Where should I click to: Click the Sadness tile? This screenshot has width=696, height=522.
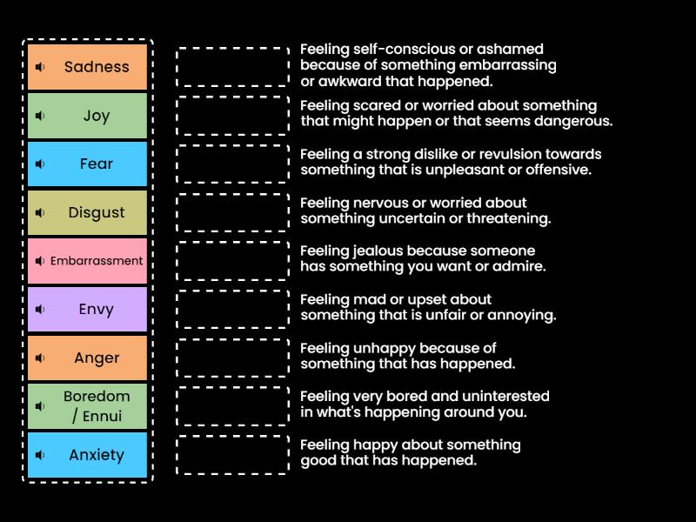88,67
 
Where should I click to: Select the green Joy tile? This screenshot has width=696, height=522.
88,116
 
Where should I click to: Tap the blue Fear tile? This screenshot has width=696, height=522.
88,164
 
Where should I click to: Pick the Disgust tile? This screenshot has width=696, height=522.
88,212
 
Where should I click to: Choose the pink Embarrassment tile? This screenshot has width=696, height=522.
88,261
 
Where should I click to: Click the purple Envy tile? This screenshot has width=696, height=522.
88,310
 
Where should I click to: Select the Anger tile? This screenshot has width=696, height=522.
88,358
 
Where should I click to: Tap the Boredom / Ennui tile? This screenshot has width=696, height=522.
88,406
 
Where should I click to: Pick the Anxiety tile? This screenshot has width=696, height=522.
88,455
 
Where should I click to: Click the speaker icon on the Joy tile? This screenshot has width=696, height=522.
40,116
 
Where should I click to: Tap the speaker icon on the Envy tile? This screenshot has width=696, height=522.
40,310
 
